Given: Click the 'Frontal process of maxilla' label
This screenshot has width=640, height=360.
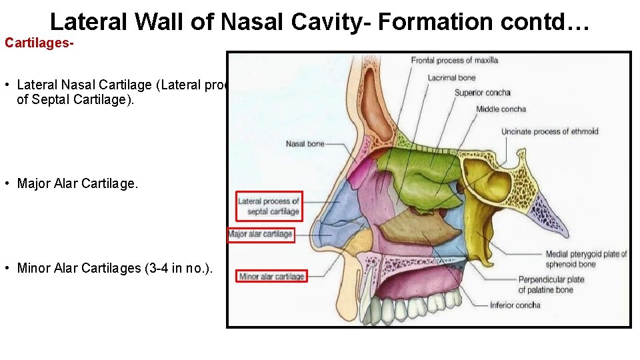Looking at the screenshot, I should [454, 61].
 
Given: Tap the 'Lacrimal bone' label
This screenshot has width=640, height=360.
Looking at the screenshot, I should [451, 78].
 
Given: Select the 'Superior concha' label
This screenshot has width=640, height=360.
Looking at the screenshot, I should [483, 93].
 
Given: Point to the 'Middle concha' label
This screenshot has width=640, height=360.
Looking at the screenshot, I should [501, 109].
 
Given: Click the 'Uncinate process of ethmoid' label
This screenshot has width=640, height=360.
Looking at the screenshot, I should [550, 131].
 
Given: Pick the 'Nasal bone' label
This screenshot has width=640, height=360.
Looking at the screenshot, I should [305, 143].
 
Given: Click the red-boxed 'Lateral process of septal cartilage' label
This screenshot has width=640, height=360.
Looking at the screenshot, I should [269, 206].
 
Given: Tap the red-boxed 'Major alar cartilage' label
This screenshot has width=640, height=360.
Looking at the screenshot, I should [261, 234].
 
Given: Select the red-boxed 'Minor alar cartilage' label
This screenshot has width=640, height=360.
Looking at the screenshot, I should [271, 277].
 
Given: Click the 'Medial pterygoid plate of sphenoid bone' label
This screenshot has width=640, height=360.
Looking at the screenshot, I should [586, 259].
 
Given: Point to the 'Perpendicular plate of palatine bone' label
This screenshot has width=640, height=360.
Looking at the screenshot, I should [551, 285].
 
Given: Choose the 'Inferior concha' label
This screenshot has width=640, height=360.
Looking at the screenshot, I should [515, 305].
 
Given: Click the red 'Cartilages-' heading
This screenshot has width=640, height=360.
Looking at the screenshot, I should [39, 43].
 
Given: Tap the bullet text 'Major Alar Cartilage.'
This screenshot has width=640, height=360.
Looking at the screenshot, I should [77, 183].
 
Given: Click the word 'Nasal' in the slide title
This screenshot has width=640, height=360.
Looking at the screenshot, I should [252, 21].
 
